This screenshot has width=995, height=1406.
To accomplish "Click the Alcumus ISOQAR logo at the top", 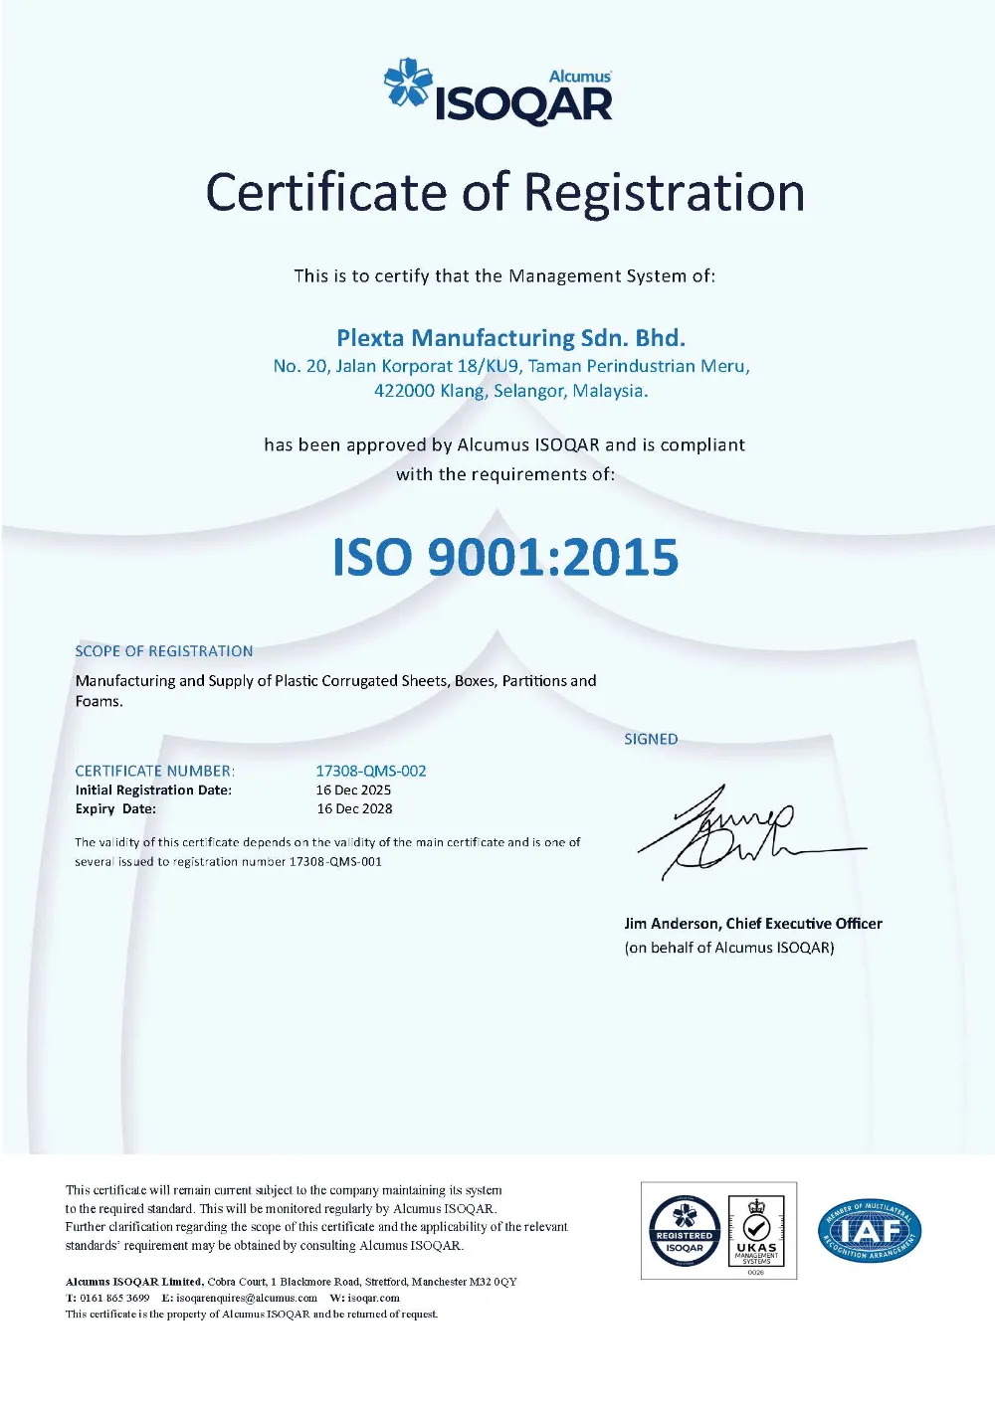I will pyautogui.click(x=498, y=92).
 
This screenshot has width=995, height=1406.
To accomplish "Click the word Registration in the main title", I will pyautogui.click(x=665, y=193).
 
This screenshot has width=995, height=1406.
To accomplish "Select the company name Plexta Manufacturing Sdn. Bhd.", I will pyautogui.click(x=510, y=338).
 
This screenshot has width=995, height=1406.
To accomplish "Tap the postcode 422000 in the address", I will pyautogui.click(x=404, y=391).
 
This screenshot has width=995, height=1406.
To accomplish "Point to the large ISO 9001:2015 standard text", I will pyautogui.click(x=505, y=557).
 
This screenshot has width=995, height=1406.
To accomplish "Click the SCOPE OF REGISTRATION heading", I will pyautogui.click(x=164, y=651).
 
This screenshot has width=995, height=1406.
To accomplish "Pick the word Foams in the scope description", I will pyautogui.click(x=98, y=701).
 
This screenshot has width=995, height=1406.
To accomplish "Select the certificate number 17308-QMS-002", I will pyautogui.click(x=371, y=771).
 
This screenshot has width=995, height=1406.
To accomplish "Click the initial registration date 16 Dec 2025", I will pyautogui.click(x=353, y=791).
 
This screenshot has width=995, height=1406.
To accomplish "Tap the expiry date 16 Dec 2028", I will pyautogui.click(x=354, y=809).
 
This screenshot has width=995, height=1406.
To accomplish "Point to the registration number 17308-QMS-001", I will pyautogui.click(x=335, y=862).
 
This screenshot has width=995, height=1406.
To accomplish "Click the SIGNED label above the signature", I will pyautogui.click(x=651, y=739).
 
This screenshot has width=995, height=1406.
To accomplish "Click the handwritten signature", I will pyautogui.click(x=736, y=833).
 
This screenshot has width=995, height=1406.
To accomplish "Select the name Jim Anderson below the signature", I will pyautogui.click(x=671, y=924).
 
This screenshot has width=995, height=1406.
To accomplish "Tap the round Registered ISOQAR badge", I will pyautogui.click(x=685, y=1231).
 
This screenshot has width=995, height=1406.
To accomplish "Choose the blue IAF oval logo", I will pyautogui.click(x=870, y=1231).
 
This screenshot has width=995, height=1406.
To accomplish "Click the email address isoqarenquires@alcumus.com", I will pyautogui.click(x=247, y=1298).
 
